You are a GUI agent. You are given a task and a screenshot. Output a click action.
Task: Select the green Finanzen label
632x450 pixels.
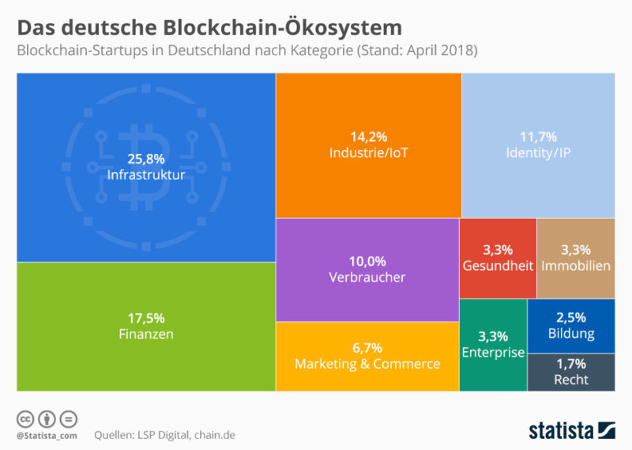145,334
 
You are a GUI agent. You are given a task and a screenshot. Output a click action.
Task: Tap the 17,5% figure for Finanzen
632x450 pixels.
145,318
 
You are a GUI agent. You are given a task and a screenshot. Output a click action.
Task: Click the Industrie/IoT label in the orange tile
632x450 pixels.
367,152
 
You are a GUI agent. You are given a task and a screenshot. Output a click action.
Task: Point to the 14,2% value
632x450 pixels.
367,135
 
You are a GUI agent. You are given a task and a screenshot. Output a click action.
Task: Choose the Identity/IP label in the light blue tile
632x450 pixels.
537,152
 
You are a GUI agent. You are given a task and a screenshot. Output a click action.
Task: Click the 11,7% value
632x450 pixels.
537,135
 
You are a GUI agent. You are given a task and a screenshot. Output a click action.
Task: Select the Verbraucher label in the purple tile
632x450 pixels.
367,277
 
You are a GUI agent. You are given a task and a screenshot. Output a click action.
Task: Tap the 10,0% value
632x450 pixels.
367,261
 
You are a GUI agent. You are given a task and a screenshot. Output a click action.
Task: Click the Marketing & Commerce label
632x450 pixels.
367,364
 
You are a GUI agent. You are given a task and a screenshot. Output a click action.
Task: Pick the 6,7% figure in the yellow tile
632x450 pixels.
367,347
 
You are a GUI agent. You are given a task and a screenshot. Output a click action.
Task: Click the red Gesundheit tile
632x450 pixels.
497,258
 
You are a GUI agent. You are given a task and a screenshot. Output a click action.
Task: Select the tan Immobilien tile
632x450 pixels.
575,258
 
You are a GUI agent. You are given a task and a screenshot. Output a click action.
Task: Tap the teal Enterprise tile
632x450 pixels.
492,345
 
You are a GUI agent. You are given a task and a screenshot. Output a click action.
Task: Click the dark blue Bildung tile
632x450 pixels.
571,325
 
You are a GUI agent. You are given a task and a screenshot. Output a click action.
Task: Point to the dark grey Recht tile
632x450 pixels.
571,372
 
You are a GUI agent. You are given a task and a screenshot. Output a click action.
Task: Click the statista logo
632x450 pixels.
571,430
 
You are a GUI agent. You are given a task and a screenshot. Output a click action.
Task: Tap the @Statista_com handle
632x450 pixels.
46,435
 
